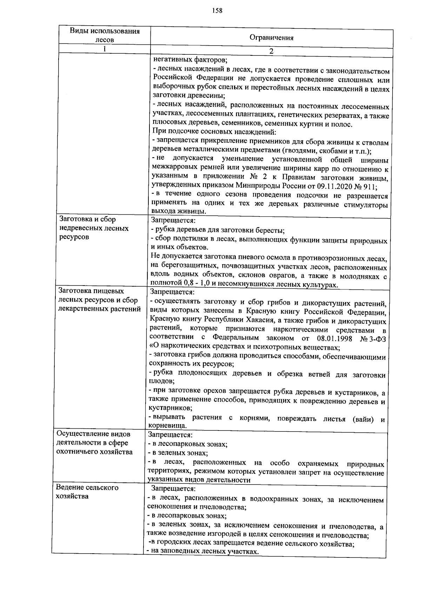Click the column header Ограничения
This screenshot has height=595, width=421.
(x=271, y=38)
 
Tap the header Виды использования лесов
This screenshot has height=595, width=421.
(x=105, y=35)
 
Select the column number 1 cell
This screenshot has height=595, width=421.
(x=104, y=49)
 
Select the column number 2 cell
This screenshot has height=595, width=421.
(x=271, y=51)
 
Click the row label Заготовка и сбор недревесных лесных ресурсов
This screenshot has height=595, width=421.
(x=94, y=228)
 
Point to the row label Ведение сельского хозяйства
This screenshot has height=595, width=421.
(x=87, y=492)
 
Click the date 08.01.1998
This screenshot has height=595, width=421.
(x=334, y=339)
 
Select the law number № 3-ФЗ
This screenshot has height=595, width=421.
(x=373, y=339)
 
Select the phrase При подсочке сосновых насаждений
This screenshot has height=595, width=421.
(x=214, y=132)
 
